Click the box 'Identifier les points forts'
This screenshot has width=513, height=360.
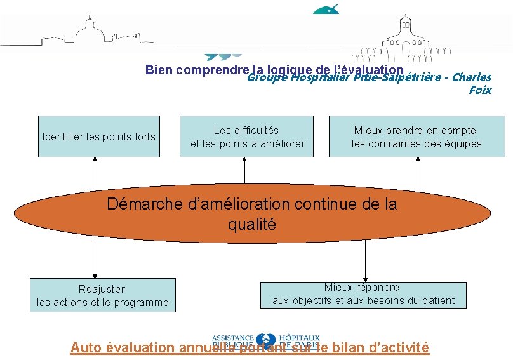coord(98,137)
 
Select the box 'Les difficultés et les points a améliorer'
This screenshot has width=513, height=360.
coord(247,137)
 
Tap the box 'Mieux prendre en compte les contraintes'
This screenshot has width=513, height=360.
coord(416,137)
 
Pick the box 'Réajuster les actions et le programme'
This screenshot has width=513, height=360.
coord(103,295)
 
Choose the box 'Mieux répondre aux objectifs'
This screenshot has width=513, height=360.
coord(363,294)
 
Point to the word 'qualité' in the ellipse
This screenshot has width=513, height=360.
coord(252,224)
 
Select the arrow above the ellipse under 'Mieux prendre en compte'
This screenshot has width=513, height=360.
coord(417,171)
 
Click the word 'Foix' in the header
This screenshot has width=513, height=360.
coord(479,90)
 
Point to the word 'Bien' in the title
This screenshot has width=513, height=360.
coord(159,69)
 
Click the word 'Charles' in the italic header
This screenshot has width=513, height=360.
coord(472,78)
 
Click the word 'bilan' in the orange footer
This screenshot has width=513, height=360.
coord(346,347)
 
